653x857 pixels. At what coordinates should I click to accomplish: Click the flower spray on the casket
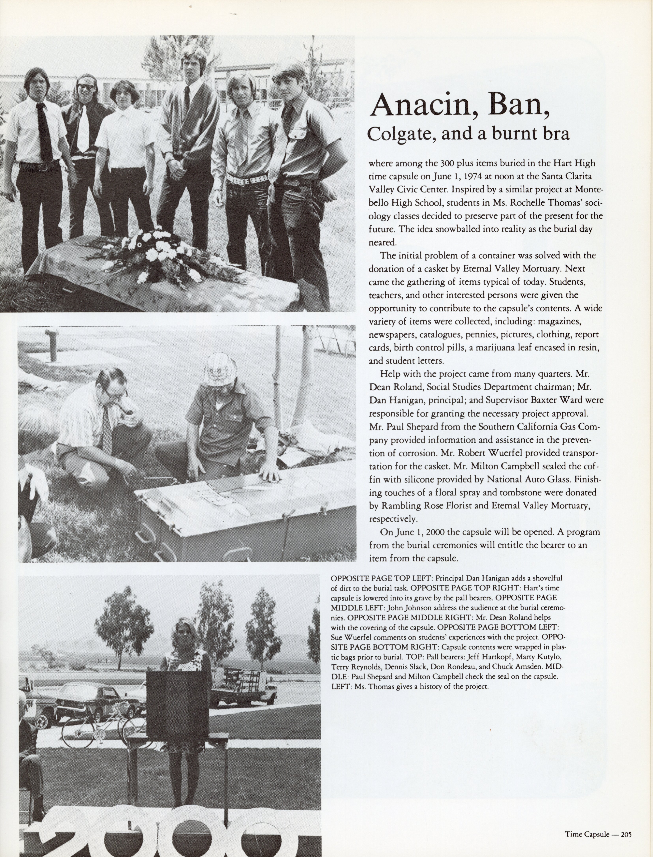click(155, 253)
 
